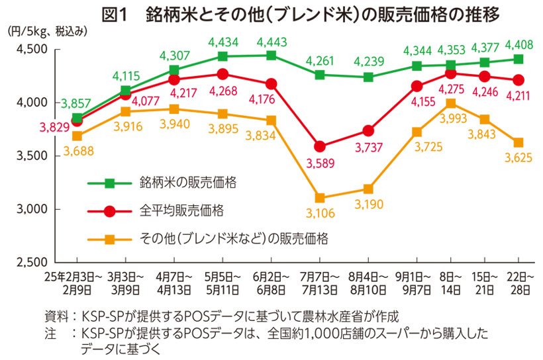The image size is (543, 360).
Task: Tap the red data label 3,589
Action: click(x=320, y=163)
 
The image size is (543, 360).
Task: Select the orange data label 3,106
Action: click(x=320, y=214)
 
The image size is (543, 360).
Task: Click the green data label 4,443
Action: click(x=271, y=42)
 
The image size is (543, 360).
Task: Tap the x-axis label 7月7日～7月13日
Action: click(x=320, y=283)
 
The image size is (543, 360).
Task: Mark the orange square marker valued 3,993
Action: click(x=450, y=103)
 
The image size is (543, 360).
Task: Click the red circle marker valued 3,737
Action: click(x=368, y=130)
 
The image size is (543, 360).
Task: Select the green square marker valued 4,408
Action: click(x=518, y=59)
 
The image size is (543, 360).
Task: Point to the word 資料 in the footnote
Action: click(x=56, y=315)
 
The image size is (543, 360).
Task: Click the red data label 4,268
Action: click(x=223, y=91)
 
